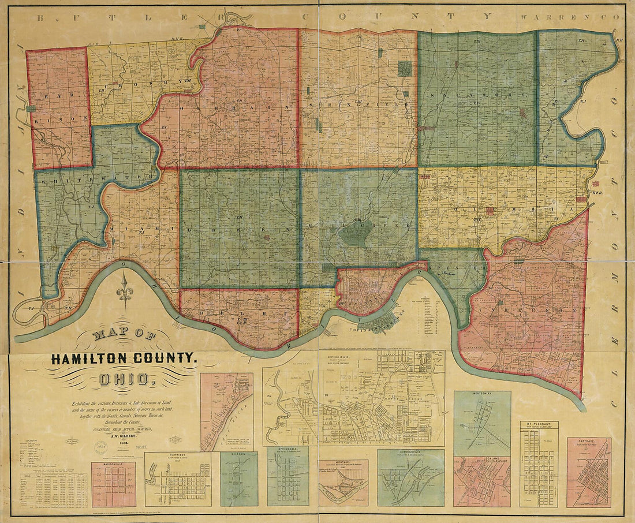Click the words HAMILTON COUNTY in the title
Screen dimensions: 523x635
tap(124, 358)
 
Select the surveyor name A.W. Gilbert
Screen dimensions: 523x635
tap(124, 436)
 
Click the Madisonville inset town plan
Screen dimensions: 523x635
tap(113, 484)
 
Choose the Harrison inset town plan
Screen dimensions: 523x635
tap(178, 479)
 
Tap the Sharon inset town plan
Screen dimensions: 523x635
tap(239, 479)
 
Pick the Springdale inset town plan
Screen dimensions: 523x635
tap(287, 476)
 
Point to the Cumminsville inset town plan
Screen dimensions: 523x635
tap(410, 477)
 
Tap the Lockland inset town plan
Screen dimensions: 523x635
tap(482, 481)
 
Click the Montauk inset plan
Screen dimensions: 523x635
tap(343, 483)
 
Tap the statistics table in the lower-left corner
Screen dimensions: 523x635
tap(53, 490)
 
